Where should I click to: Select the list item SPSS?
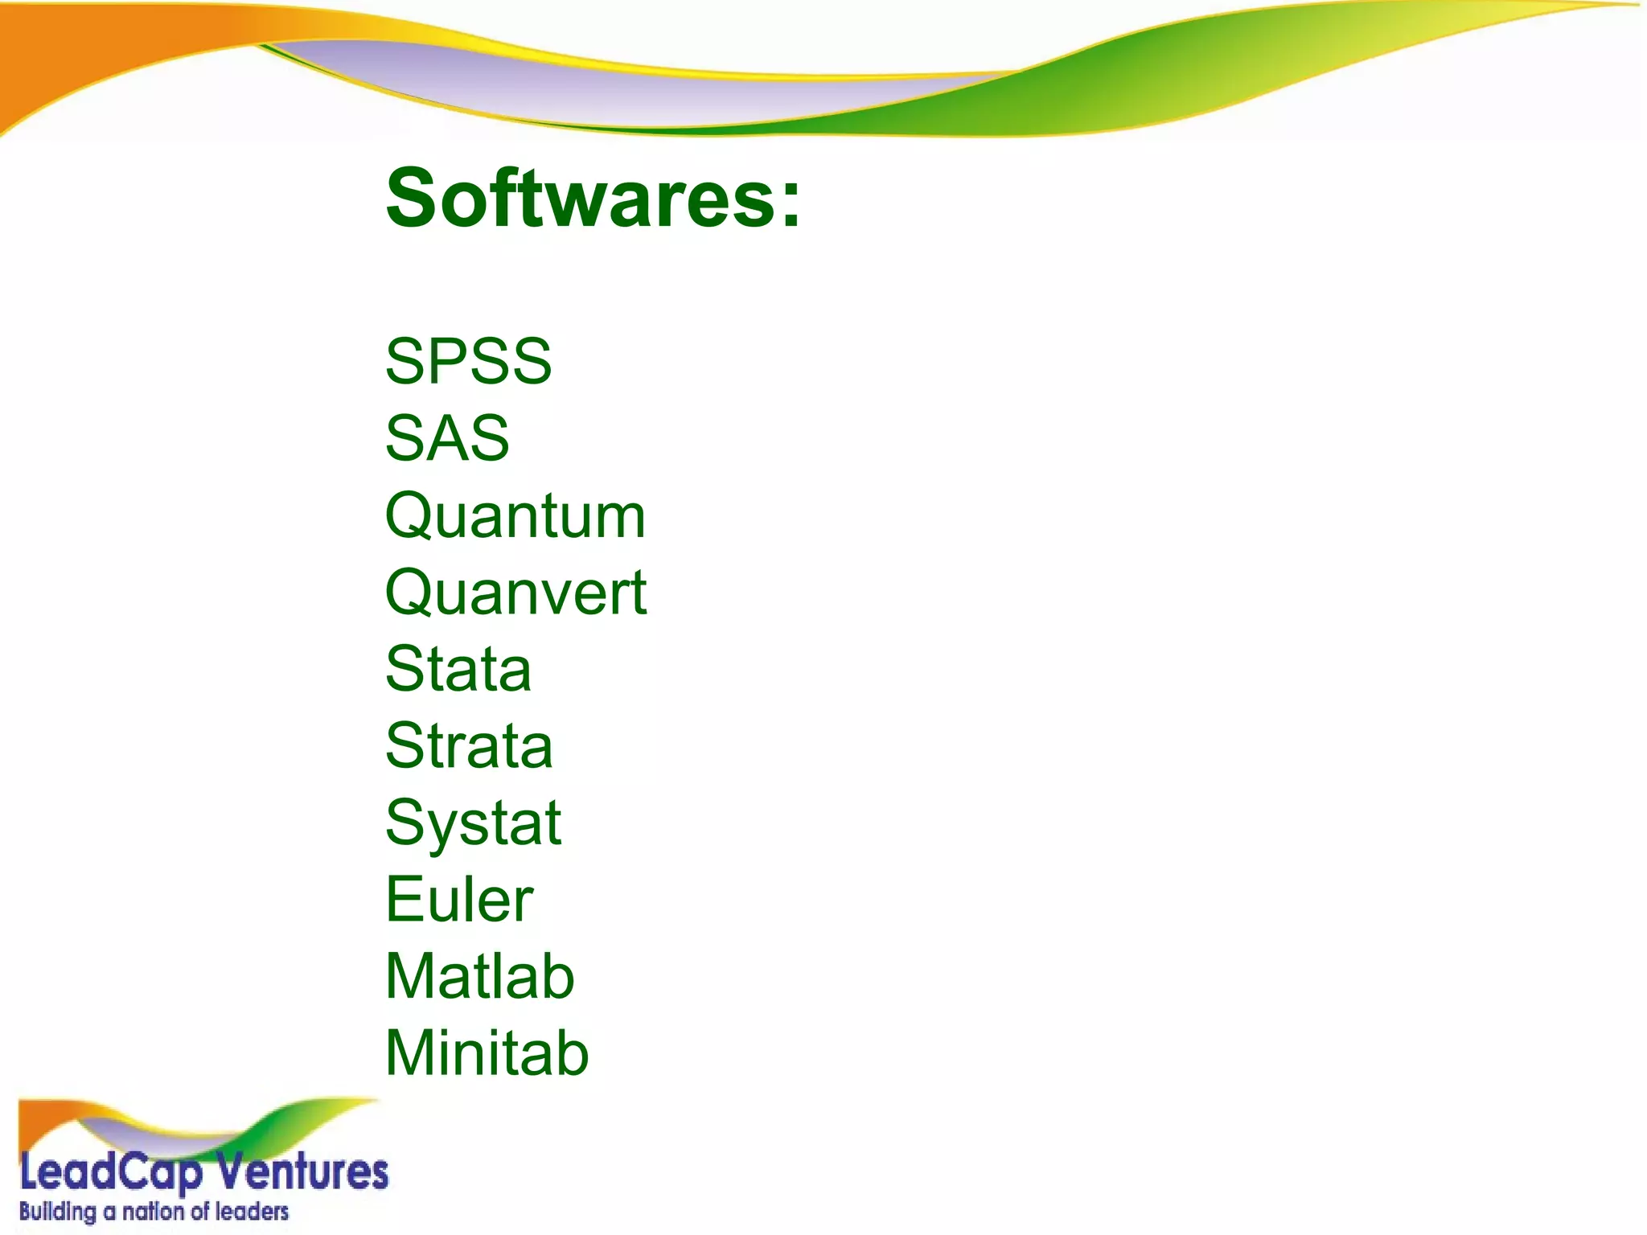tap(468, 361)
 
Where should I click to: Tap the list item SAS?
tap(447, 438)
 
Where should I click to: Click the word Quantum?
tap(515, 516)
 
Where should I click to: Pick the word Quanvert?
tap(515, 593)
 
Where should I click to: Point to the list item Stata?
tap(458, 669)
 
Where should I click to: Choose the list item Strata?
tap(469, 746)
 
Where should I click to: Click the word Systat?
tap(473, 823)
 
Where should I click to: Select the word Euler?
tap(459, 900)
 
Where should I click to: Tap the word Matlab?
tap(480, 977)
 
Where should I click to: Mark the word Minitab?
tap(487, 1053)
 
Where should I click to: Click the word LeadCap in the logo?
tap(110, 1173)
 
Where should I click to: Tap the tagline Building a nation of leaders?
tap(154, 1212)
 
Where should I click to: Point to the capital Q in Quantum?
tap(410, 516)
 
